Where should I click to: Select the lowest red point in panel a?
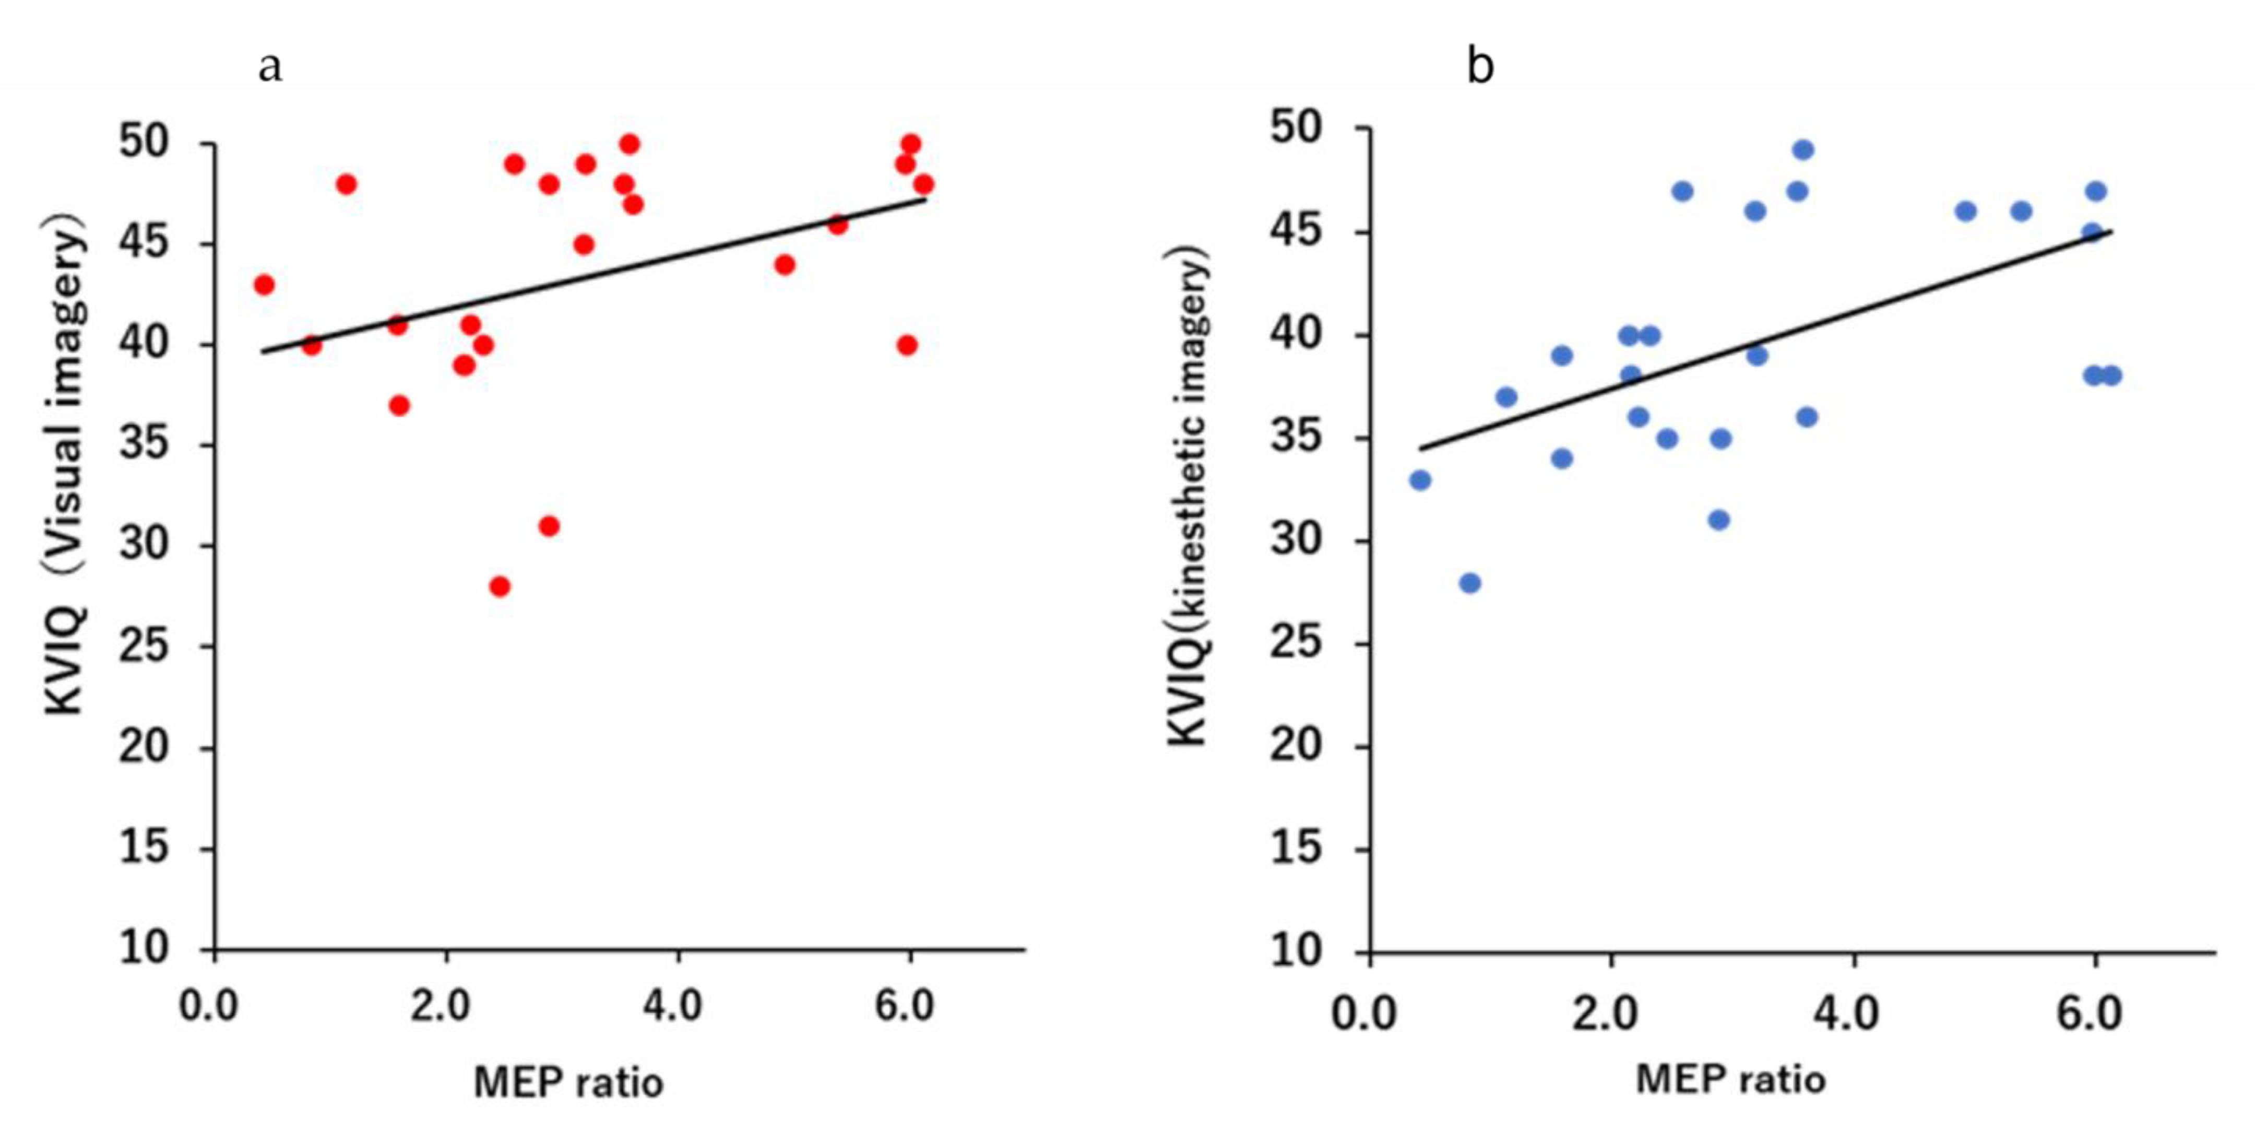point(500,586)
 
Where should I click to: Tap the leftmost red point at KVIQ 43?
point(264,285)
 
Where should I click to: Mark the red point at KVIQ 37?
point(399,405)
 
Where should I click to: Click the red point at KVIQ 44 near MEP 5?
point(785,264)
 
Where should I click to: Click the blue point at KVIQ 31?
point(1718,520)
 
